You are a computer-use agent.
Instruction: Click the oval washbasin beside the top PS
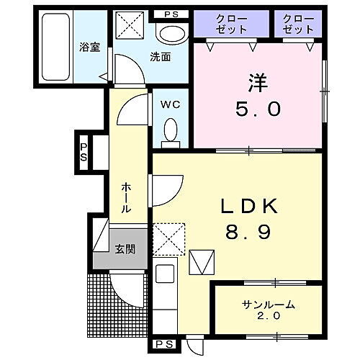171,32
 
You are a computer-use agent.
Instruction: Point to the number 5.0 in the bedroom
257,109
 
